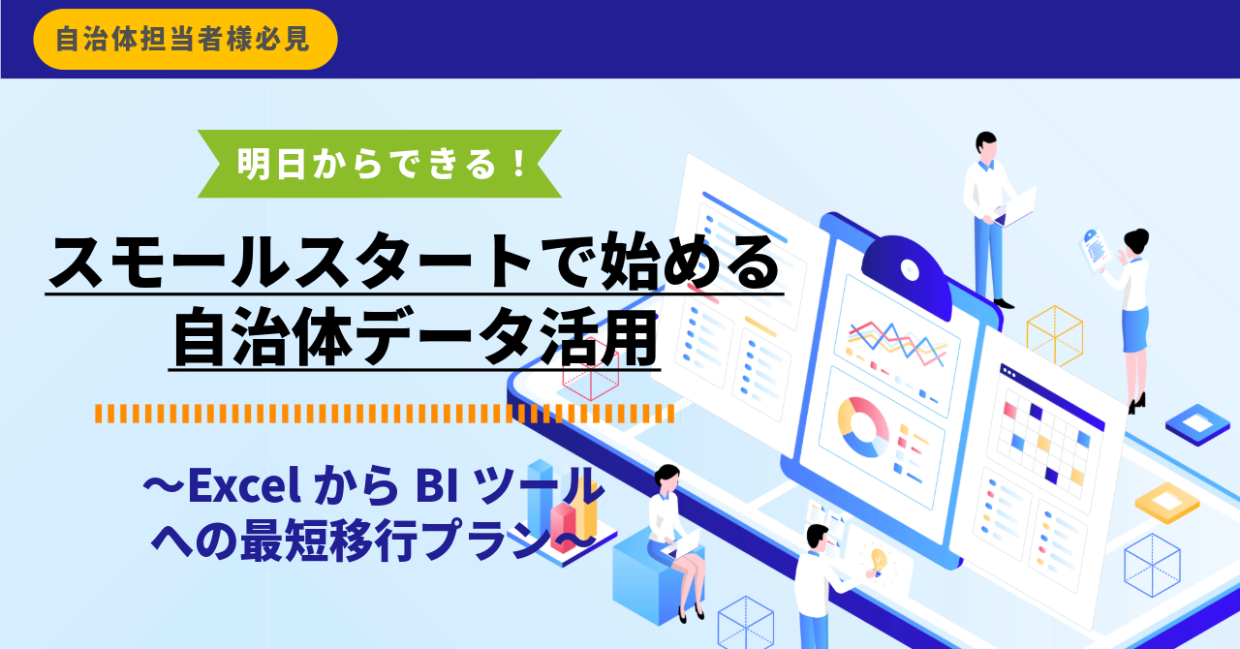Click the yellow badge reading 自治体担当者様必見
click(185, 40)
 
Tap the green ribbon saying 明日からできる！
click(380, 164)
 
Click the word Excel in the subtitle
click(244, 486)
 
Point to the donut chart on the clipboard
click(863, 426)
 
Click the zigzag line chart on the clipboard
click(897, 342)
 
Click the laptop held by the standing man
click(1014, 207)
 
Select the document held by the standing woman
click(1095, 250)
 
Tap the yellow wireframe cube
click(1055, 335)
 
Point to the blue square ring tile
click(1198, 424)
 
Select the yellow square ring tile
click(1167, 503)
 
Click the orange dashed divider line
click(385, 414)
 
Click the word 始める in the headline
click(690, 262)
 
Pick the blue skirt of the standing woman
click(1134, 330)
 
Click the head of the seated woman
click(666, 478)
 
